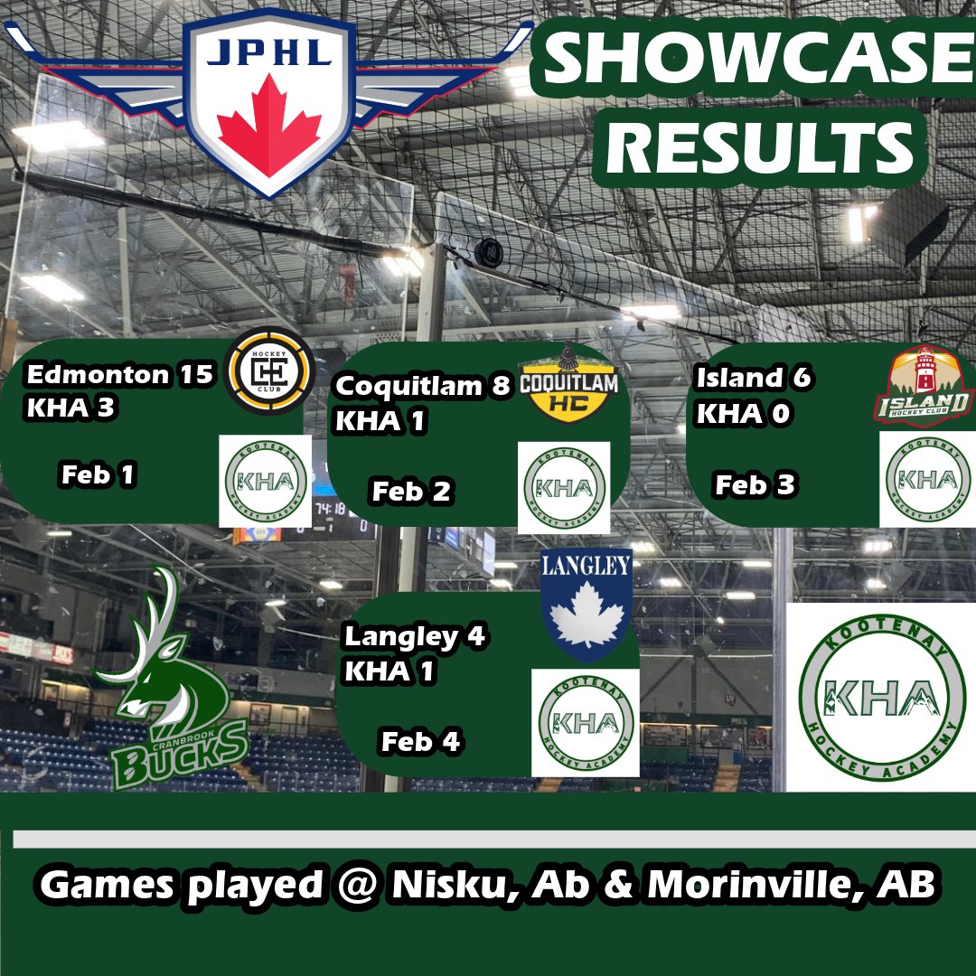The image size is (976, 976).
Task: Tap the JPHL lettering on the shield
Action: [269, 52]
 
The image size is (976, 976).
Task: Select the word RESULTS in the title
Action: [759, 147]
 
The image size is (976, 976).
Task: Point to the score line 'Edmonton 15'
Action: [119, 375]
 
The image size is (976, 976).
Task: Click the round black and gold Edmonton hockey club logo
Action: [269, 371]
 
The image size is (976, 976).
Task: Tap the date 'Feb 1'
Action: [98, 474]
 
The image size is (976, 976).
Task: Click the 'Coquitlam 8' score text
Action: [422, 386]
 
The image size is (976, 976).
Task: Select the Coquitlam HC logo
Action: [569, 385]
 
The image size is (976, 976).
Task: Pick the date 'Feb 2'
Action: [411, 491]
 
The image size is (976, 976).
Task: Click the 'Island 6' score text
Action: [753, 377]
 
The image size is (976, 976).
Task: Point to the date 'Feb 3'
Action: [755, 484]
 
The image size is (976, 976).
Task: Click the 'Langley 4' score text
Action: [415, 637]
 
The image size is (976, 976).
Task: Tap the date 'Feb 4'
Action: [420, 741]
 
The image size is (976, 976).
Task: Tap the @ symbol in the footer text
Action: [357, 885]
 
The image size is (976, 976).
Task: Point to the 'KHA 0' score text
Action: [743, 413]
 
